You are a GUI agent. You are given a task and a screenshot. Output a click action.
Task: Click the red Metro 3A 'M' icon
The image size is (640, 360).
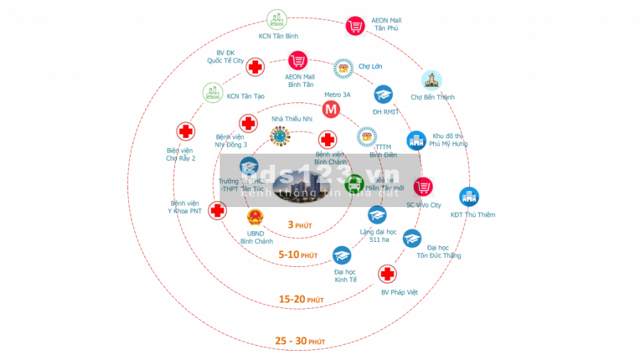[x=330, y=110]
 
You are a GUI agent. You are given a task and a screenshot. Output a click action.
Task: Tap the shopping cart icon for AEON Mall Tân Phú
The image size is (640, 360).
[x=355, y=26]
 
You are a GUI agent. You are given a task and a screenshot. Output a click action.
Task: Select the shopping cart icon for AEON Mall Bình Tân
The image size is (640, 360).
[x=297, y=60]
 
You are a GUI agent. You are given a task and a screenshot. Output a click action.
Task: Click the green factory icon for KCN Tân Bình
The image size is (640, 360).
[x=276, y=19]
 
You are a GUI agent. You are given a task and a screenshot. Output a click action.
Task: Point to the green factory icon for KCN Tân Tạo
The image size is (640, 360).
[x=212, y=92]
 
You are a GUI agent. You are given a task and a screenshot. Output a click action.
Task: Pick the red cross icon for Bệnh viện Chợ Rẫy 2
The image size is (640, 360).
[x=186, y=132]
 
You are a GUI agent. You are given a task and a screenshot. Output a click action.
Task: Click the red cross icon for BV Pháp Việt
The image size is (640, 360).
[x=387, y=274]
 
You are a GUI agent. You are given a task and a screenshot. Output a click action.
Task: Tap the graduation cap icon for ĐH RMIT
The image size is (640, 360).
[x=383, y=95]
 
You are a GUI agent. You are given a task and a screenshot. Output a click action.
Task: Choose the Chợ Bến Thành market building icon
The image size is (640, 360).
[x=431, y=80]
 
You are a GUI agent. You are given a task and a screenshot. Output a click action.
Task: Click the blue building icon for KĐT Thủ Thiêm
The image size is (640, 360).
[x=469, y=196]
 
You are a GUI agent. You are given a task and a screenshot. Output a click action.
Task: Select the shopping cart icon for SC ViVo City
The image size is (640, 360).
[x=424, y=187]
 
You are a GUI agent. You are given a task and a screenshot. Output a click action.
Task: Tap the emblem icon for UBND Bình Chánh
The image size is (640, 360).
[x=255, y=217]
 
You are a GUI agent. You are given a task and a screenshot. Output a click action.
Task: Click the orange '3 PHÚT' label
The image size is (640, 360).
[x=300, y=225]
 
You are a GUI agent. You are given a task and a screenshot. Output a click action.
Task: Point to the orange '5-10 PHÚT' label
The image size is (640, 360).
[x=298, y=255]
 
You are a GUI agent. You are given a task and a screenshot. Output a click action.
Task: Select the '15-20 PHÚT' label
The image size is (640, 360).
[x=302, y=300]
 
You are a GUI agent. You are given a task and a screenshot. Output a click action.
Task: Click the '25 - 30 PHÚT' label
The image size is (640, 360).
[x=300, y=342]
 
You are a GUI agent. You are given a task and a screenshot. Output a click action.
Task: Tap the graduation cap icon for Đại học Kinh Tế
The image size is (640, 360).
[x=342, y=255]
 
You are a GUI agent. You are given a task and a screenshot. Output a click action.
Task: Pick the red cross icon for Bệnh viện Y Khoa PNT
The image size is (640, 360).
[x=218, y=210]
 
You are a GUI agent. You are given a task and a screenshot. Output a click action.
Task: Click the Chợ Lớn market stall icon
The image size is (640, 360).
[x=343, y=68]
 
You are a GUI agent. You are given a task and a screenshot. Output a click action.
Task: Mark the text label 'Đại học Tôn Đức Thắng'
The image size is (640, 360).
[x=439, y=251]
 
